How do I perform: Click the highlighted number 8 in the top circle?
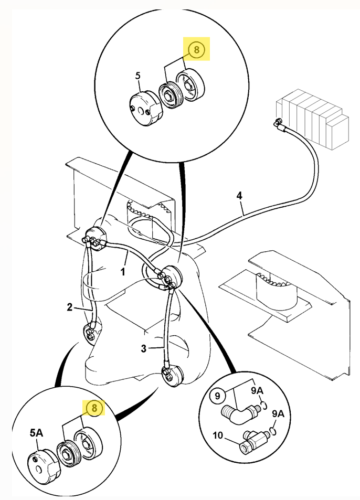tap(196, 49)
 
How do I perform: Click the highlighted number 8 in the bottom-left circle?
tap(94, 408)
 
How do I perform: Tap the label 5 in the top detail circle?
tap(137, 76)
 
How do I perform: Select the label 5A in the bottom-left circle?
tap(36, 433)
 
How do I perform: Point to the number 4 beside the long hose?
tap(239, 196)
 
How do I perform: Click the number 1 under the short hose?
tap(123, 272)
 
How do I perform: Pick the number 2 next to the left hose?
tap(69, 307)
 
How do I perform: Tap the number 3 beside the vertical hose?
tap(143, 348)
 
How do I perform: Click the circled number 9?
tap(217, 396)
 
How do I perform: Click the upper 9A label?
tap(257, 391)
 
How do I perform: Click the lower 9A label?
tap(278, 414)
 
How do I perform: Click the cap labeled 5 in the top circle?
tap(145, 108)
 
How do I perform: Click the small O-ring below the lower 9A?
tap(273, 431)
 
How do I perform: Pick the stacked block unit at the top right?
tap(312, 119)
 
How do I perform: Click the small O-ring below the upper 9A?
tap(264, 405)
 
